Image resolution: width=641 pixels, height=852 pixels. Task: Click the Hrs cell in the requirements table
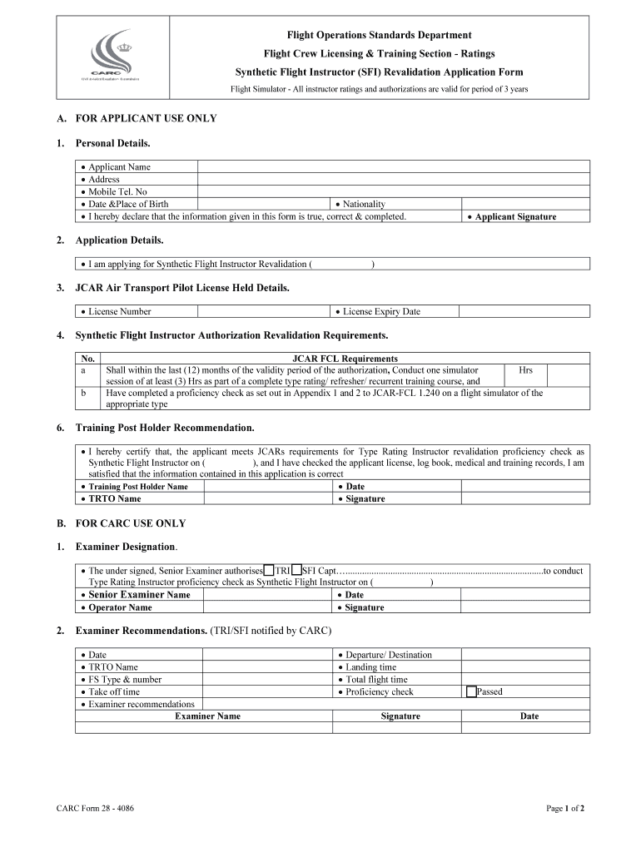pyautogui.click(x=525, y=370)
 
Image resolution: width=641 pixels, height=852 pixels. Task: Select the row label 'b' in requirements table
pyautogui.click(x=83, y=393)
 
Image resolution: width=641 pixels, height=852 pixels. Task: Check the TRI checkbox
pyautogui.click(x=269, y=570)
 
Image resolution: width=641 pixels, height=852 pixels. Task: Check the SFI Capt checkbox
pyautogui.click(x=297, y=570)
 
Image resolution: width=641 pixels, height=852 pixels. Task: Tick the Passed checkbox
pyautogui.click(x=472, y=691)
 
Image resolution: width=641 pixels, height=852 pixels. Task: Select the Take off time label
pyautogui.click(x=114, y=691)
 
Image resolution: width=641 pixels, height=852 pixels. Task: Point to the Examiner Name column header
pyautogui.click(x=207, y=716)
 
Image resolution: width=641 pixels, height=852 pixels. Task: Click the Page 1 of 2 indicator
pyautogui.click(x=564, y=808)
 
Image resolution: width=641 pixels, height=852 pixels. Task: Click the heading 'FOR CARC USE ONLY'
pyautogui.click(x=130, y=523)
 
